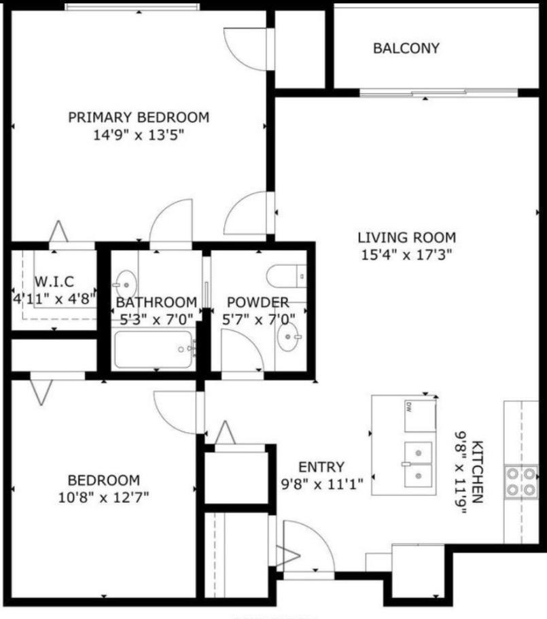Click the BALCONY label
(x=406, y=48)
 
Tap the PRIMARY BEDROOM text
(x=139, y=118)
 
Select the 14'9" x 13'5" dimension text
(x=139, y=135)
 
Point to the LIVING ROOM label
(x=407, y=238)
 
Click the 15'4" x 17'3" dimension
(x=406, y=255)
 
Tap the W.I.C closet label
(x=54, y=281)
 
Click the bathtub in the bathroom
(x=154, y=349)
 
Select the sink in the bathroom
(x=126, y=284)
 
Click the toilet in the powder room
(x=286, y=276)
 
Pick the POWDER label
(x=258, y=302)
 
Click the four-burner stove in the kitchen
(x=521, y=481)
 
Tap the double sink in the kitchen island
(x=418, y=465)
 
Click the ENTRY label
(x=321, y=467)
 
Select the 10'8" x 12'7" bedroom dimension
(x=103, y=497)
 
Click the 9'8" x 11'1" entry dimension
(x=321, y=484)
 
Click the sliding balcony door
(x=438, y=93)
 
